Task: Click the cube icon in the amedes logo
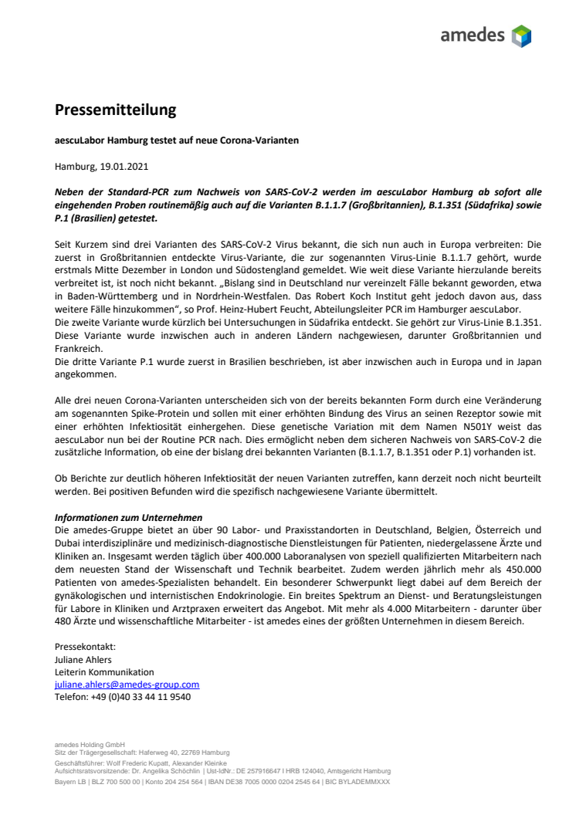pos(522,36)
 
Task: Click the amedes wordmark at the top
pos(472,35)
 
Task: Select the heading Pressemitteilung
pos(115,110)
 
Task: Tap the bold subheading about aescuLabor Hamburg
pos(177,140)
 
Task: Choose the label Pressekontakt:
pos(85,647)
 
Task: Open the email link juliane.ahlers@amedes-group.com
pos(127,684)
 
